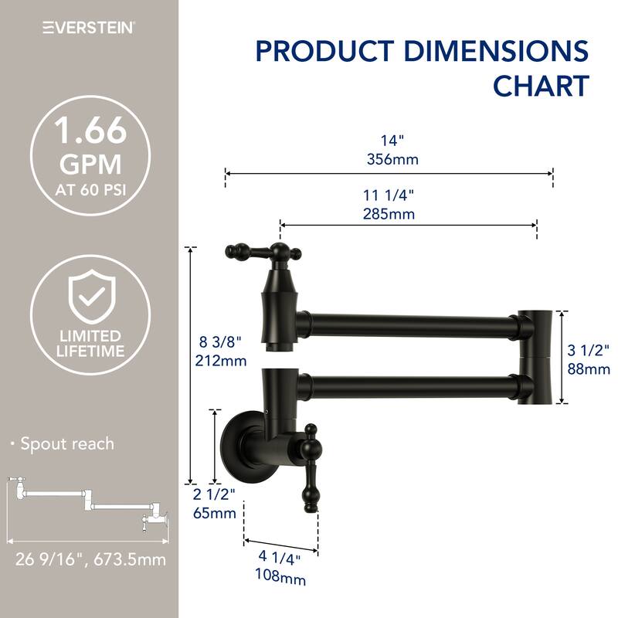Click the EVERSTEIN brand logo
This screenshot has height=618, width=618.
tap(89, 27)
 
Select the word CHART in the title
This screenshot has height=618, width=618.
tap(541, 86)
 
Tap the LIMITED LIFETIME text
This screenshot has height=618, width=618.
tap(90, 344)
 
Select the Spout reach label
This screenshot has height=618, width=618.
tap(66, 443)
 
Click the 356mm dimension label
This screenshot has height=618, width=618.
tap(392, 160)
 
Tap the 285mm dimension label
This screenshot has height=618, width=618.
tap(392, 213)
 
